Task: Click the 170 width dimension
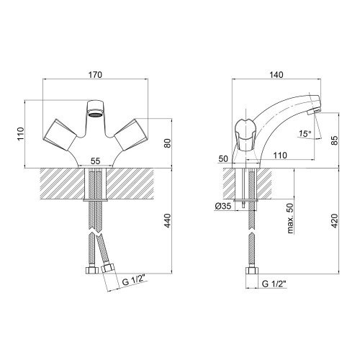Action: point(95,75)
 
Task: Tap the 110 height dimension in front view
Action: point(21,134)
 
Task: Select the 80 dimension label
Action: point(168,143)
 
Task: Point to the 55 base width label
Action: point(95,161)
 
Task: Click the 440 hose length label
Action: point(167,220)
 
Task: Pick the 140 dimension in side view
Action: point(276,75)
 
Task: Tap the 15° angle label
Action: point(305,133)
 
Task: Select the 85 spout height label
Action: point(335,140)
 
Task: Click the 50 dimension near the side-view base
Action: point(223,158)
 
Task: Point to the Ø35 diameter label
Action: point(222,206)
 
